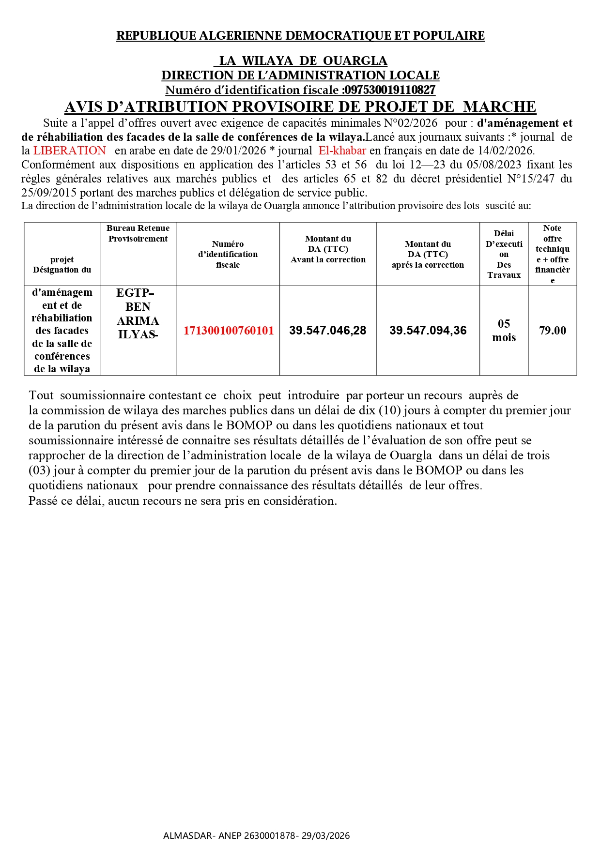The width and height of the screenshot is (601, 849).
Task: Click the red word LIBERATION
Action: coord(69,151)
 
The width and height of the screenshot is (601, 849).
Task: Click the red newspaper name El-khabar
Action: coord(342,151)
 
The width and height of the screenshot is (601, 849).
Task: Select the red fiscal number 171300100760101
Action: coord(229,331)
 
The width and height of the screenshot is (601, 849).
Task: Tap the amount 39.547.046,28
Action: coord(328,331)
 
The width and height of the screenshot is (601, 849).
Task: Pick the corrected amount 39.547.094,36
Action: coord(428,331)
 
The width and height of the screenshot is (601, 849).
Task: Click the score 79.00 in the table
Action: coord(553,331)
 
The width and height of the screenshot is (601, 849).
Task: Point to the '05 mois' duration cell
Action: coord(504,331)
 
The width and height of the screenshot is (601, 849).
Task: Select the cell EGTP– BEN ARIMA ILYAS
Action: coord(138,314)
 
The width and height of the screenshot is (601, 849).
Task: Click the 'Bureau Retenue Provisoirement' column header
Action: coord(138,233)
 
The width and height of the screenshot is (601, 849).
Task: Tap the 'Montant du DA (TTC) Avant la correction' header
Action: coord(328,249)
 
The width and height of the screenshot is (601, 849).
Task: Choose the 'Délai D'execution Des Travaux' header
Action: coord(504,254)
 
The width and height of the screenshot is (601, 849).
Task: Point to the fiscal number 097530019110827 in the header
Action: coord(390,90)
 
